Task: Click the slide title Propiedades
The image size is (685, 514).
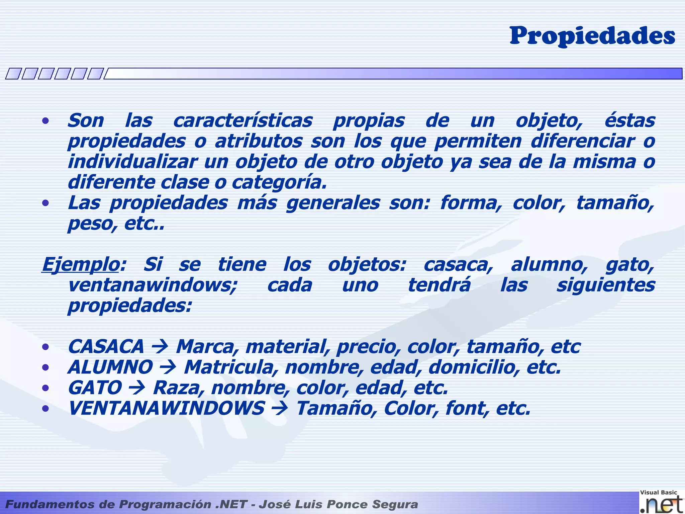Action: click(x=592, y=36)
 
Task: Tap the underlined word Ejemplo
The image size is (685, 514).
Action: click(x=81, y=265)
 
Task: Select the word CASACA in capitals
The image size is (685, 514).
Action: click(x=106, y=347)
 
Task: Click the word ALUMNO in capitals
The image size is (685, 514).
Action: click(x=110, y=367)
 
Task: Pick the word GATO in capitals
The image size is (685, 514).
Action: click(x=95, y=388)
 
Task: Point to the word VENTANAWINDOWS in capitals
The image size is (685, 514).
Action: click(x=166, y=409)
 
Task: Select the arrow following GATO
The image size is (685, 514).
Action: click(x=137, y=388)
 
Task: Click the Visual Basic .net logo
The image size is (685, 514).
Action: click(x=661, y=502)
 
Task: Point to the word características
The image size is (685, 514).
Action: click(x=243, y=121)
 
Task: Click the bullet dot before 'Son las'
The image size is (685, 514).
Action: click(x=46, y=121)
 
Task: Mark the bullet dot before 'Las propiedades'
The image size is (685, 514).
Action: click(x=46, y=203)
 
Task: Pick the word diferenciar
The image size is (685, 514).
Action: click(x=583, y=141)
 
